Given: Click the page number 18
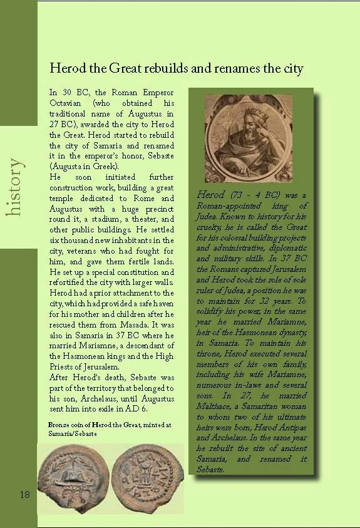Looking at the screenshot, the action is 25,495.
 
